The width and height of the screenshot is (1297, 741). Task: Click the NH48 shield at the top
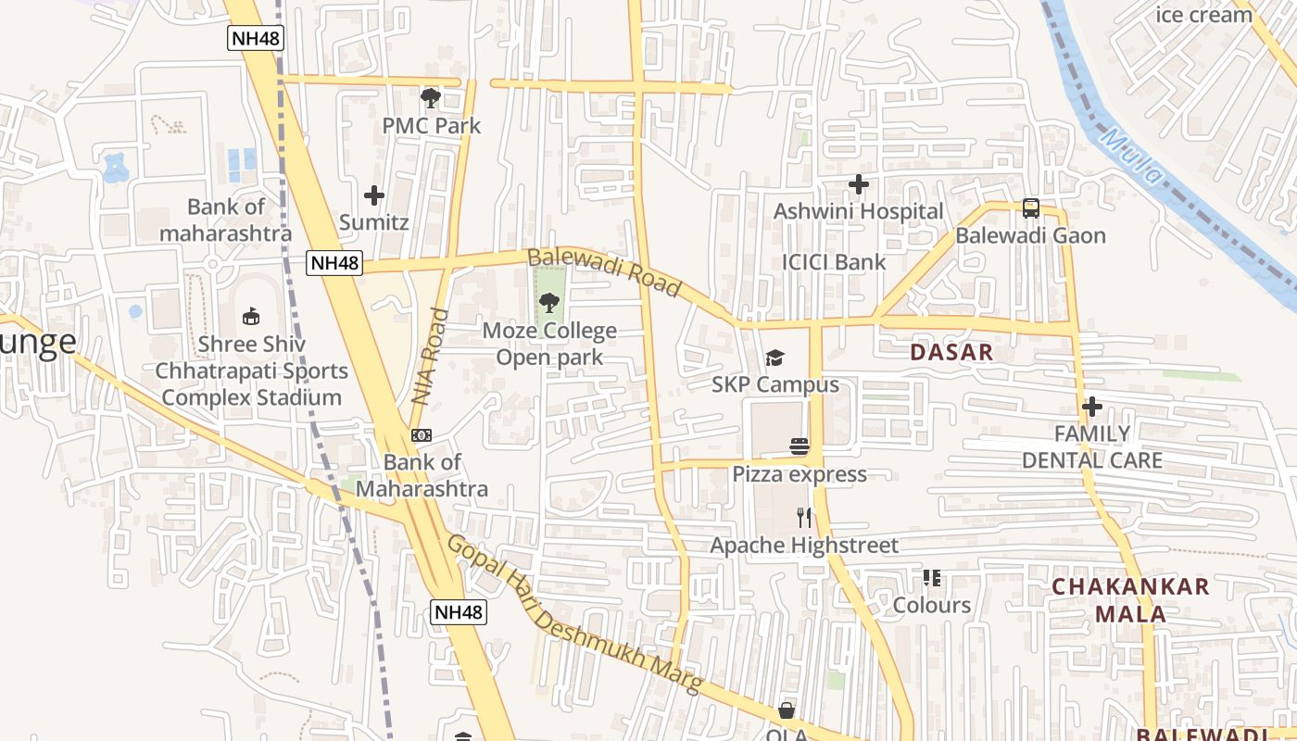(255, 38)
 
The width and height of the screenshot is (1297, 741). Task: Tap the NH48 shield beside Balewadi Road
(334, 263)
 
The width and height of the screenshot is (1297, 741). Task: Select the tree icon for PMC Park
(430, 97)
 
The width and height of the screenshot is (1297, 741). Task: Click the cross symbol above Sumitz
(374, 195)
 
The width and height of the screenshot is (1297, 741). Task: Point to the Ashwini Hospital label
(858, 211)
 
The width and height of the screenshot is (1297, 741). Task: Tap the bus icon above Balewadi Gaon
(1031, 208)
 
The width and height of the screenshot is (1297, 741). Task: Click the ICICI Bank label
(834, 262)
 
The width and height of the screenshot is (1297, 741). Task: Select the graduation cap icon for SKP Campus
(774, 358)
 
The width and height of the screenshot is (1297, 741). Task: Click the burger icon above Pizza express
(800, 446)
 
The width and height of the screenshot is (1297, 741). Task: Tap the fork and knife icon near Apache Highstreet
(804, 517)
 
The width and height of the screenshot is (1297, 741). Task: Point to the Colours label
(932, 605)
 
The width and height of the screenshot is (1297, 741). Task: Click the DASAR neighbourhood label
(951, 352)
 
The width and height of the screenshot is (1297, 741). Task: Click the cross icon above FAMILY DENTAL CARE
(1092, 406)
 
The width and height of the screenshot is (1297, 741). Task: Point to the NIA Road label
(429, 357)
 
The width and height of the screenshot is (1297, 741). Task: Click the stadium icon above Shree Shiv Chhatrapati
(250, 317)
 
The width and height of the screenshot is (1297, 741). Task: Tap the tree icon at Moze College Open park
(549, 302)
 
